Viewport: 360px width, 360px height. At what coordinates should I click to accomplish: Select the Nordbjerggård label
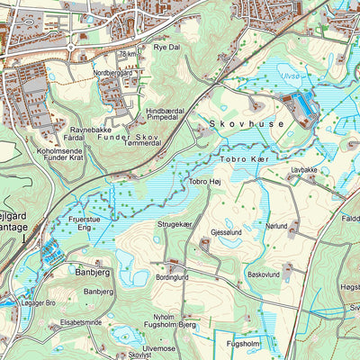point(113,74)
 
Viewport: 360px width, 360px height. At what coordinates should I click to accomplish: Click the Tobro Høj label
point(204,181)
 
